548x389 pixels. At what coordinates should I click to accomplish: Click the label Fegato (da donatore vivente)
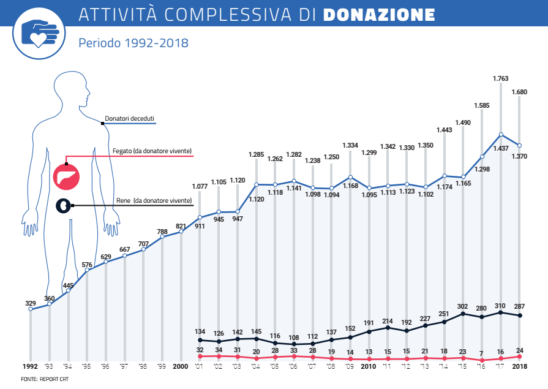152,150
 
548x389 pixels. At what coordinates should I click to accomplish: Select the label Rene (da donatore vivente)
154,200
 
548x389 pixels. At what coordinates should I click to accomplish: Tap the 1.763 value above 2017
501,78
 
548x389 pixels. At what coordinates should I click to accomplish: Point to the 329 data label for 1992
31,303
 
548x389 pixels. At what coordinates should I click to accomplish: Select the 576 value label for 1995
87,264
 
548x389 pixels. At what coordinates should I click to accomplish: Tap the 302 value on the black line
463,306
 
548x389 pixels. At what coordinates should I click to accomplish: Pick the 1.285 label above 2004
256,154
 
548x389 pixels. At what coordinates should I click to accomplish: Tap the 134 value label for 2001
200,331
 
